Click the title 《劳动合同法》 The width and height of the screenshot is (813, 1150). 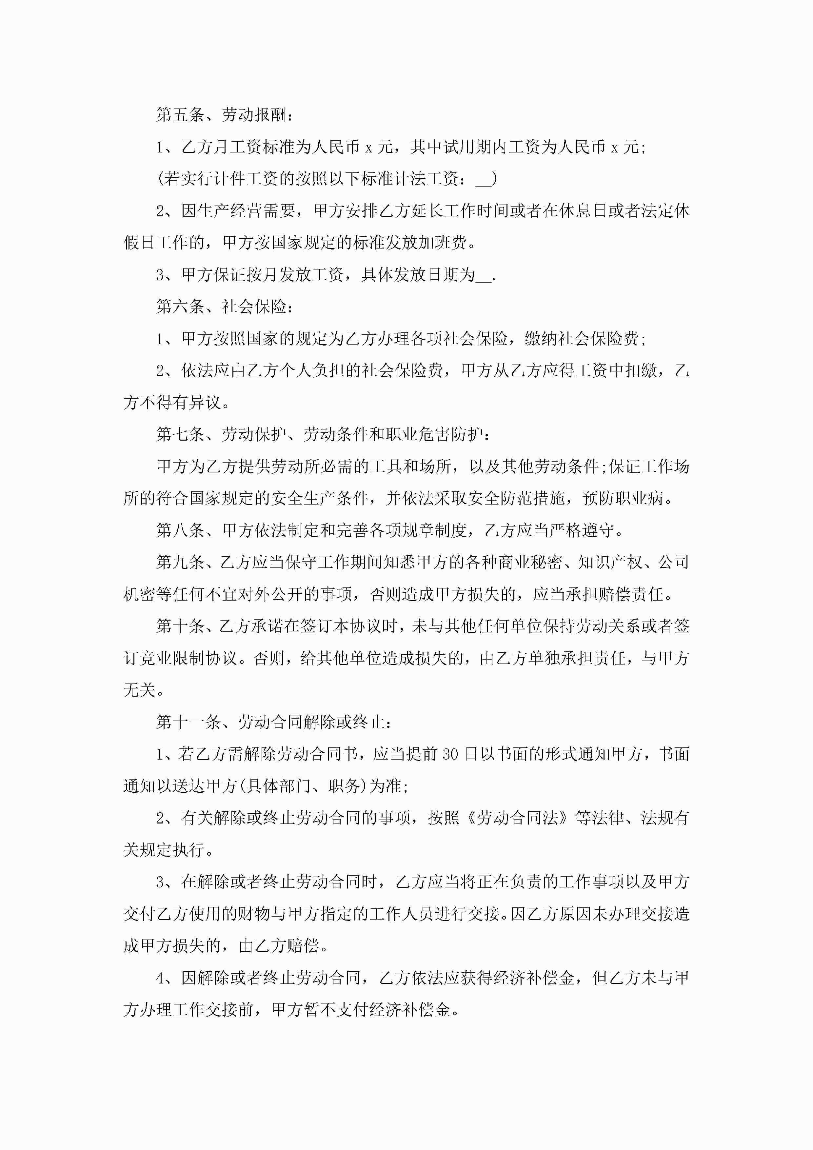517,818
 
